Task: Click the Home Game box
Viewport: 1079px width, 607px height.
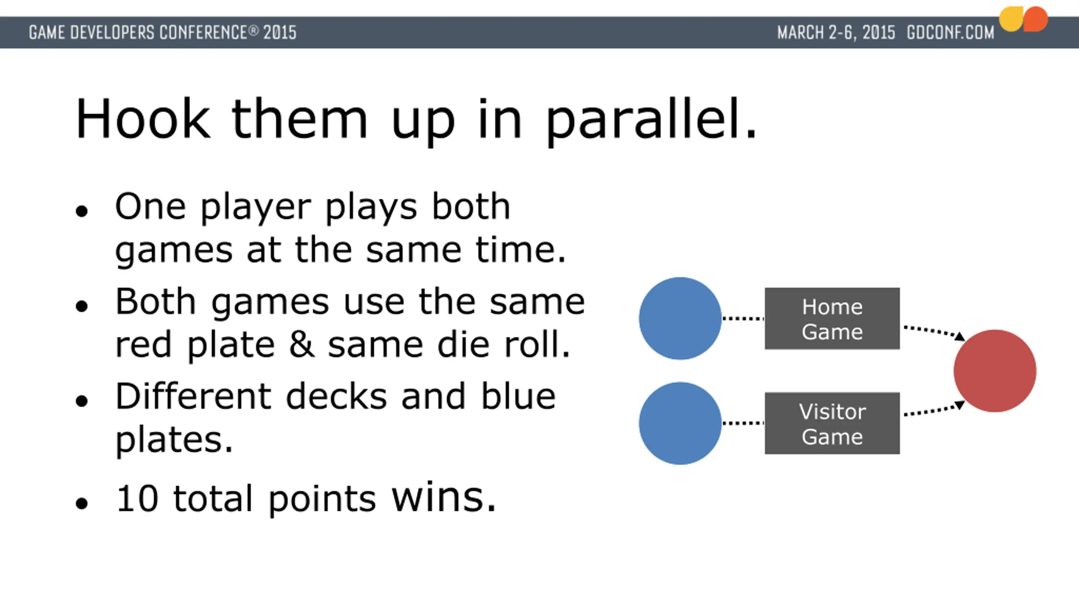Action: pyautogui.click(x=832, y=319)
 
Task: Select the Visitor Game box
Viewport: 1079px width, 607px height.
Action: pyautogui.click(x=832, y=423)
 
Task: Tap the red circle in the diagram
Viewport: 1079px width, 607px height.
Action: pyautogui.click(x=995, y=371)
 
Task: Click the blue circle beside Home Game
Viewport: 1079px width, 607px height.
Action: pyautogui.click(x=680, y=318)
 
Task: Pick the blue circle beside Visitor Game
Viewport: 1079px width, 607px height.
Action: pyautogui.click(x=680, y=423)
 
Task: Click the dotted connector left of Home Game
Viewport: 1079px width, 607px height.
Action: pyautogui.click(x=743, y=318)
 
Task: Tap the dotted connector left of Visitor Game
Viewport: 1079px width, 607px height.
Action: pyautogui.click(x=743, y=423)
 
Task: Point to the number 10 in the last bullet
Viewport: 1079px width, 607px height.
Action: pyautogui.click(x=137, y=499)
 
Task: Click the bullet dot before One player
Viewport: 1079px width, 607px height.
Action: pyautogui.click(x=82, y=211)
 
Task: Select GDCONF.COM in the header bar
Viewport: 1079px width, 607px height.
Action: pyautogui.click(x=950, y=32)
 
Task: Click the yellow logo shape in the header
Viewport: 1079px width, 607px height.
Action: pyautogui.click(x=1010, y=19)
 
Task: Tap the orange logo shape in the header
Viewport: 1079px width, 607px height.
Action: pyautogui.click(x=1035, y=19)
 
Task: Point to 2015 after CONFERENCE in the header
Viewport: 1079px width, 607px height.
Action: pyautogui.click(x=280, y=32)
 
